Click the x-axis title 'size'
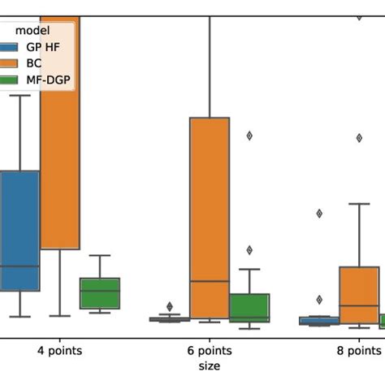point(209,366)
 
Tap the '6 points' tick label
point(209,352)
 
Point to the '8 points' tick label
point(357,352)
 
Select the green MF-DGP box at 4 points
point(100,293)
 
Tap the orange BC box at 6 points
point(210,218)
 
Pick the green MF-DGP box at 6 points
point(249,308)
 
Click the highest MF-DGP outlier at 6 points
point(249,136)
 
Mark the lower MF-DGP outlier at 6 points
point(249,250)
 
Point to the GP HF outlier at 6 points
point(170,305)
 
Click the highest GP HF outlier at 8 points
point(319,214)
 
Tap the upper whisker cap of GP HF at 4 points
point(19,95)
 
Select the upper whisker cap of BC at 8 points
point(359,203)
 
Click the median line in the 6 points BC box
point(210,281)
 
